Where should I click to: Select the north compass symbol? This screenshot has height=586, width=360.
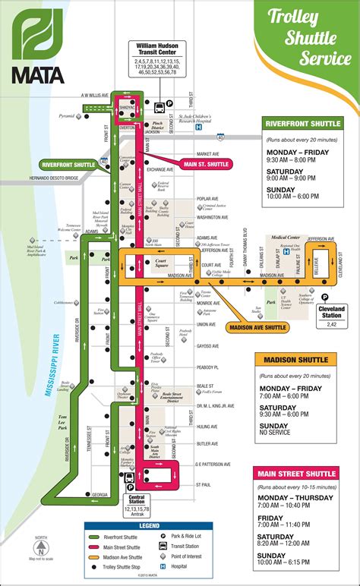tap(41, 547)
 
